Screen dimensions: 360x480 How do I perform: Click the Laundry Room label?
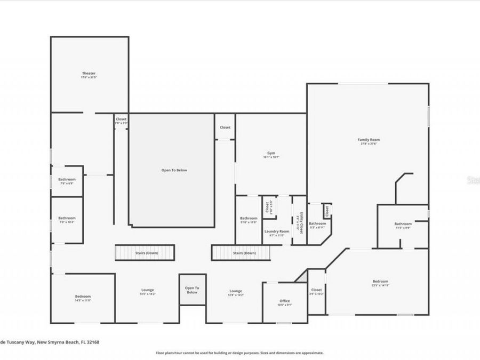277,232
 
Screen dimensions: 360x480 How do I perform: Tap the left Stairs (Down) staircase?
145,252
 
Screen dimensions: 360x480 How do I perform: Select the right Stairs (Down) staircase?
244,253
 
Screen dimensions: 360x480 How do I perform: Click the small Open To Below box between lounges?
192,290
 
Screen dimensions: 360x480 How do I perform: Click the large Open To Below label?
174,170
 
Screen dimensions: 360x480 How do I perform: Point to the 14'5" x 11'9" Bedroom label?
83,298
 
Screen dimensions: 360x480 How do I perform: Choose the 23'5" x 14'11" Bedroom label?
380,283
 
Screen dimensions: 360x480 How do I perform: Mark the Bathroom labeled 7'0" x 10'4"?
67,219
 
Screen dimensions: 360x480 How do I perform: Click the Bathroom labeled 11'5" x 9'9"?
403,225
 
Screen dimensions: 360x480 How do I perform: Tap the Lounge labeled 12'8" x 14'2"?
236,292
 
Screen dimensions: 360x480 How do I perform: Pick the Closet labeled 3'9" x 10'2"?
316,291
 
